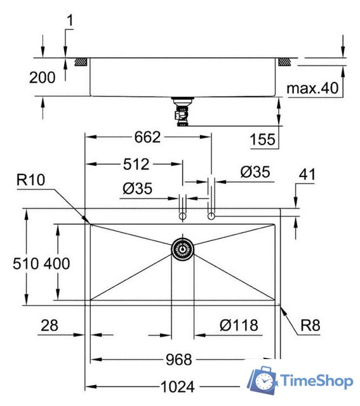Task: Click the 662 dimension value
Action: tap(147, 137)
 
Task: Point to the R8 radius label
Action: tap(310, 326)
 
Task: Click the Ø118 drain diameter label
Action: tap(239, 326)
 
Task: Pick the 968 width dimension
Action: tap(178, 360)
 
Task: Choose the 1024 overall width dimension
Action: tap(178, 386)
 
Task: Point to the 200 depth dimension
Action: tap(43, 77)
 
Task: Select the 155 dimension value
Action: tap(263, 140)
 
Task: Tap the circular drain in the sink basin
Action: tap(183, 249)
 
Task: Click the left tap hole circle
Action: tap(182, 217)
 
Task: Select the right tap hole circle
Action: tap(211, 217)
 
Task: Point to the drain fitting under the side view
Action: tap(182, 112)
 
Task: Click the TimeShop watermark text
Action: tap(316, 381)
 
